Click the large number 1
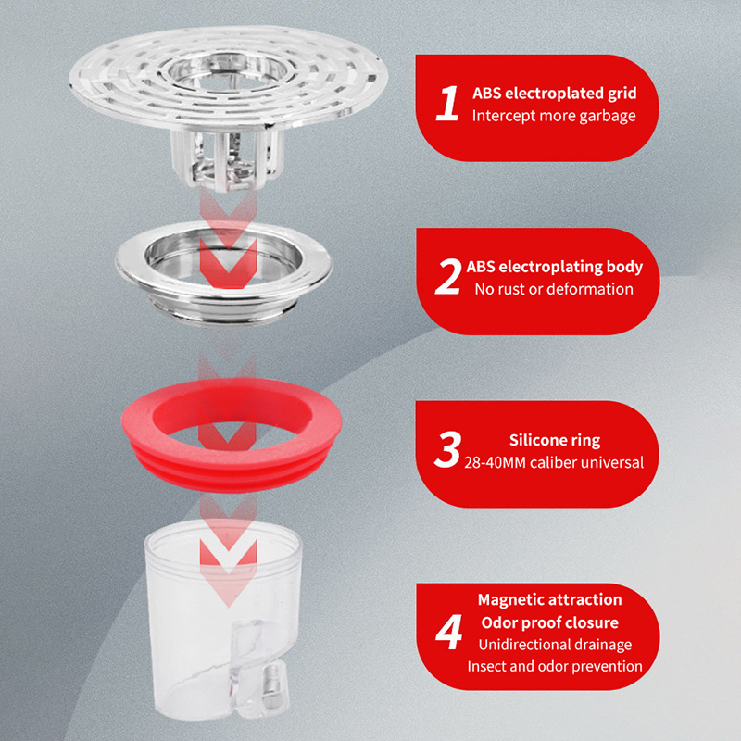tap(446, 103)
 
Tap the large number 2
tap(447, 277)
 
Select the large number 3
tap(447, 449)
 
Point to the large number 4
tap(448, 632)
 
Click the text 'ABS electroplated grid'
tap(554, 94)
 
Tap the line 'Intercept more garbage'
tap(554, 116)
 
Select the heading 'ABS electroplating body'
tap(554, 267)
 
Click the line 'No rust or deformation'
tap(554, 289)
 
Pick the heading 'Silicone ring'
tap(555, 440)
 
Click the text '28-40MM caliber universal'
tap(554, 462)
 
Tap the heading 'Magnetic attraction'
tap(549, 599)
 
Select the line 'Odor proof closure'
tap(549, 622)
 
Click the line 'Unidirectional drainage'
tap(555, 645)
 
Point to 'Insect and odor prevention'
tap(555, 666)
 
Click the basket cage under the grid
tap(228, 158)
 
